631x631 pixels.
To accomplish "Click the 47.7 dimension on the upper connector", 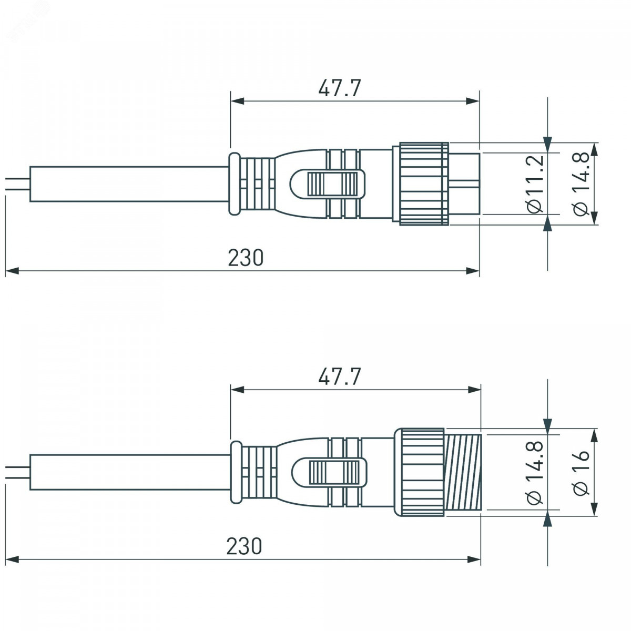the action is pyautogui.click(x=340, y=88).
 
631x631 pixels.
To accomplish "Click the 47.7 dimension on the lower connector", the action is pyautogui.click(x=340, y=376).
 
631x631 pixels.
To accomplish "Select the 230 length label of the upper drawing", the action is pyautogui.click(x=246, y=257).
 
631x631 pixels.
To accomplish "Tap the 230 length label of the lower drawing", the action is pyautogui.click(x=245, y=545).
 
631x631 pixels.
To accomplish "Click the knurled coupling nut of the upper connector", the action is pyautogui.click(x=424, y=184).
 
